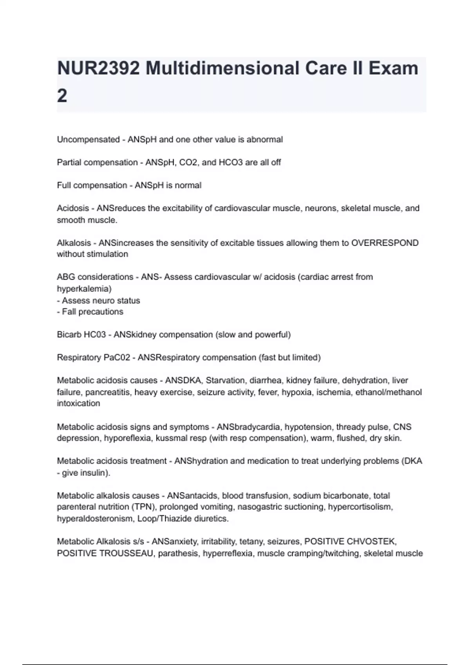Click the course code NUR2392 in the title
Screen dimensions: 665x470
point(98,68)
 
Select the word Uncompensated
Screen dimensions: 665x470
point(88,140)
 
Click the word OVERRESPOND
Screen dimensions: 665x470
point(385,243)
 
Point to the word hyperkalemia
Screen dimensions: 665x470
point(84,289)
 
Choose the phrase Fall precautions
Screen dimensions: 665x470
point(92,312)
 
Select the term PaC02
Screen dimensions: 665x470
point(117,358)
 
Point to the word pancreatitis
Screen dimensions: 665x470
point(107,392)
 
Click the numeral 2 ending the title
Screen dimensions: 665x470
point(62,96)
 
